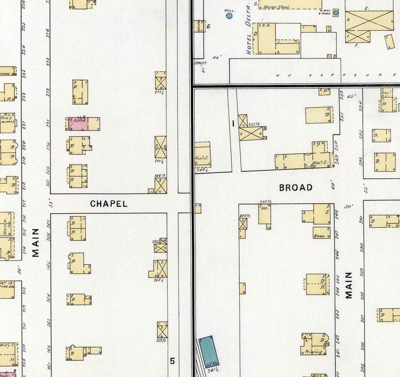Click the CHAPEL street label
pos(108,204)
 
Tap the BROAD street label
pos(296,187)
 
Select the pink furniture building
pos(78,123)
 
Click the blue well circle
pos(229,16)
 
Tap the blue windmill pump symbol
pos(336,13)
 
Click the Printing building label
pos(313,352)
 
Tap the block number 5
pos(172,361)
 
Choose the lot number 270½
pos(160,162)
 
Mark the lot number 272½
pos(160,92)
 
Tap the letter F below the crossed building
pos(356,45)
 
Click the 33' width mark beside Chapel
pos(50,204)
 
